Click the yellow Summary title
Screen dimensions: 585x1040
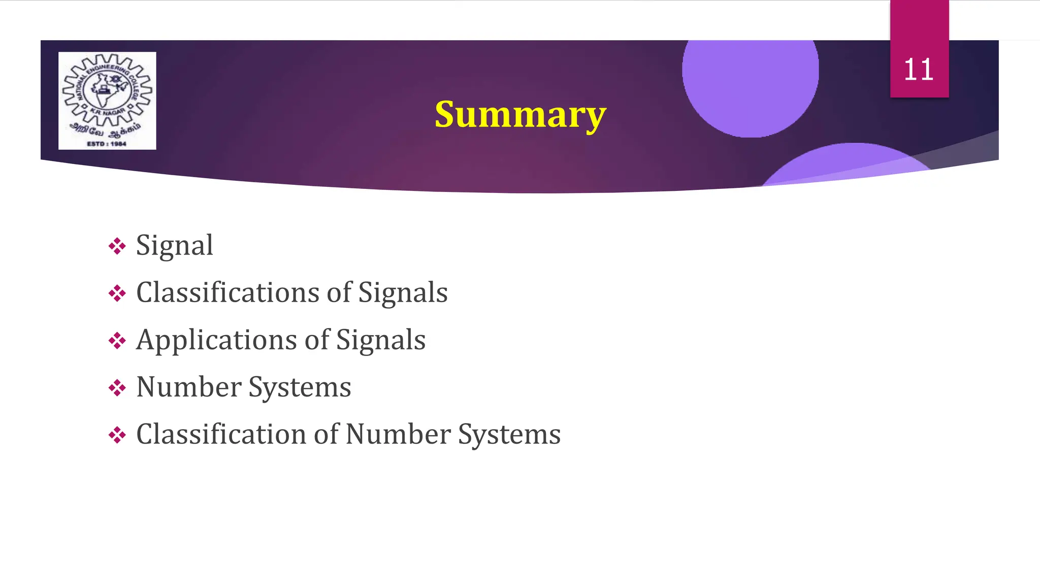click(x=520, y=115)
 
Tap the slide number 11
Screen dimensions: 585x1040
click(x=919, y=70)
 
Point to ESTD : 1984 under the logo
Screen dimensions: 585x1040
click(x=107, y=144)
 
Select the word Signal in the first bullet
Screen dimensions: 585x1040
click(x=174, y=246)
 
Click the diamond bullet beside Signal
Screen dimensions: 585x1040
click(x=117, y=246)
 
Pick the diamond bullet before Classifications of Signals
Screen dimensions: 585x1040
click(x=117, y=294)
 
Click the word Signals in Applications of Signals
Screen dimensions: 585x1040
click(x=381, y=340)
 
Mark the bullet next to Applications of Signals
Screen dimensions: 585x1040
click(x=117, y=341)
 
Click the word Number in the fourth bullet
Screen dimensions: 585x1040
click(x=188, y=387)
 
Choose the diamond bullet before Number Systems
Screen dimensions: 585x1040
click(x=117, y=388)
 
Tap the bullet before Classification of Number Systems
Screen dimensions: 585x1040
click(x=117, y=435)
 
